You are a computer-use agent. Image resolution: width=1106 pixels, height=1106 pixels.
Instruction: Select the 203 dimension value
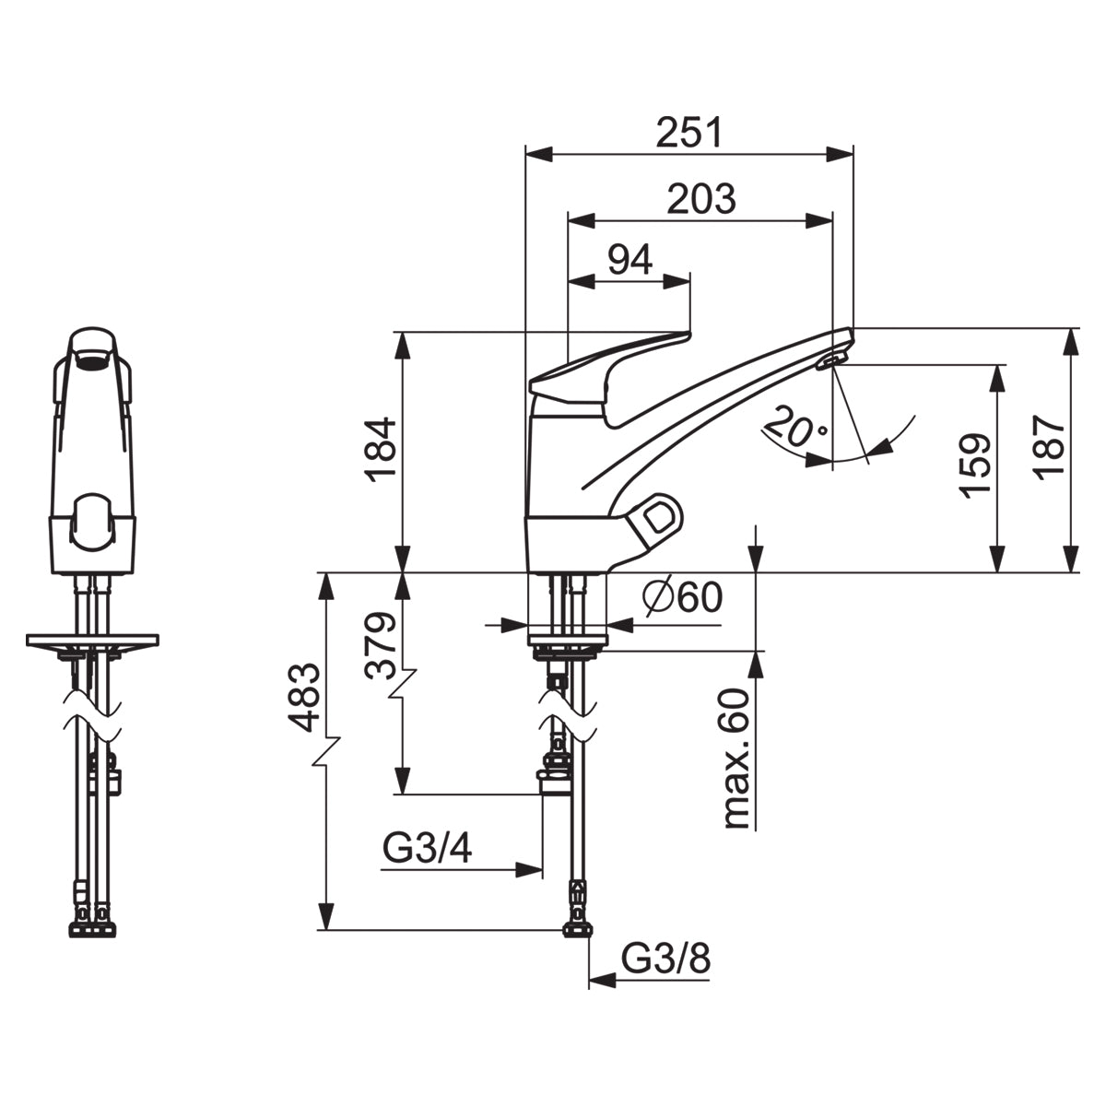point(701,198)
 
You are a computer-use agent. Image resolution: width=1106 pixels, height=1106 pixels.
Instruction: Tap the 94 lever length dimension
point(629,260)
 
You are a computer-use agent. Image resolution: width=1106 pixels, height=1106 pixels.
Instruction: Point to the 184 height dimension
point(379,450)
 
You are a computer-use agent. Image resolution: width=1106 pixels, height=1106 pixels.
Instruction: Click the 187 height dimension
point(1048,445)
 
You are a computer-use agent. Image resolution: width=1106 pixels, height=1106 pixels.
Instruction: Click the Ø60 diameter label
point(683,598)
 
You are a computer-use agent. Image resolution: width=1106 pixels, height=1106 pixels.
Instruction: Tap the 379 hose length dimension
point(379,645)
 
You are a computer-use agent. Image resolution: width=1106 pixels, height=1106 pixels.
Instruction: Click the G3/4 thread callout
point(428,849)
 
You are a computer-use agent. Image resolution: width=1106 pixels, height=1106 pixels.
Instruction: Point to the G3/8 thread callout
point(666,960)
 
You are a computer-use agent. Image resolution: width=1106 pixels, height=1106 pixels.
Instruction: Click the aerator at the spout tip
point(831,360)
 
